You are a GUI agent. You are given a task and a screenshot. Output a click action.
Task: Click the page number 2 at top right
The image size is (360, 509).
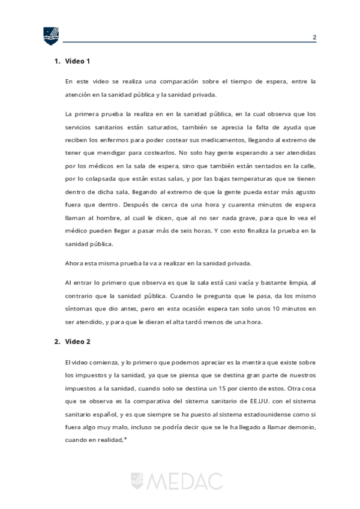point(314,37)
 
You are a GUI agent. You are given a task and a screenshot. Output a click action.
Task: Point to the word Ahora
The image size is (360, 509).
point(76,262)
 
